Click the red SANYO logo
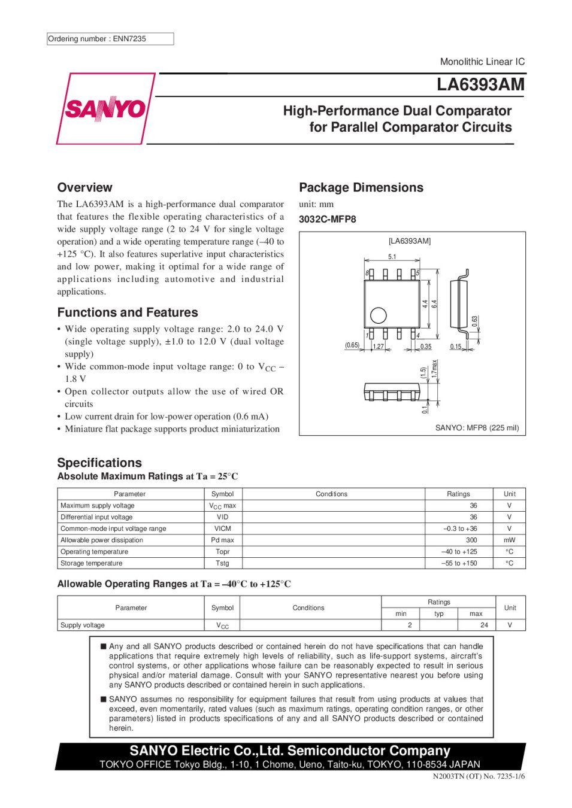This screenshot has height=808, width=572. point(105,109)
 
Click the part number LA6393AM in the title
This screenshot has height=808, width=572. point(480,84)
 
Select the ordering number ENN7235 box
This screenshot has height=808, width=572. point(110,39)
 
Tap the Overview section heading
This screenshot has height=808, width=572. point(84,187)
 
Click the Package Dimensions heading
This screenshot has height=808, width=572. point(361,187)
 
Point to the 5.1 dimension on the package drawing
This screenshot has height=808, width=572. point(392,257)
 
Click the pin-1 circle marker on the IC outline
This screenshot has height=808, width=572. point(379,315)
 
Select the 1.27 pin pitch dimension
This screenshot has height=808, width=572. point(379,347)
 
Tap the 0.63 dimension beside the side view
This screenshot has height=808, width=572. point(474,321)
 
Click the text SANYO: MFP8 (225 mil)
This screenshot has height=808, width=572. point(477,428)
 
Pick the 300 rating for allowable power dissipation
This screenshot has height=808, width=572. point(471,540)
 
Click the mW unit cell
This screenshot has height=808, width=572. point(509,540)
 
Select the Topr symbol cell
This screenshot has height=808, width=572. point(222,552)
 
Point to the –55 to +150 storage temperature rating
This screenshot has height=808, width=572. point(459,563)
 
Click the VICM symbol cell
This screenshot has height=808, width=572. point(222,528)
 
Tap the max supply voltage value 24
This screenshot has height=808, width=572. point(484,625)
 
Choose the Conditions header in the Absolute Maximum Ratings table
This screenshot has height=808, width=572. point(331,494)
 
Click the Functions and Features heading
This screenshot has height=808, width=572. point(128,312)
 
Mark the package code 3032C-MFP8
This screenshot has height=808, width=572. point(327,219)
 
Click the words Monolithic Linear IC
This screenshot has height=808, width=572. point(482,62)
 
